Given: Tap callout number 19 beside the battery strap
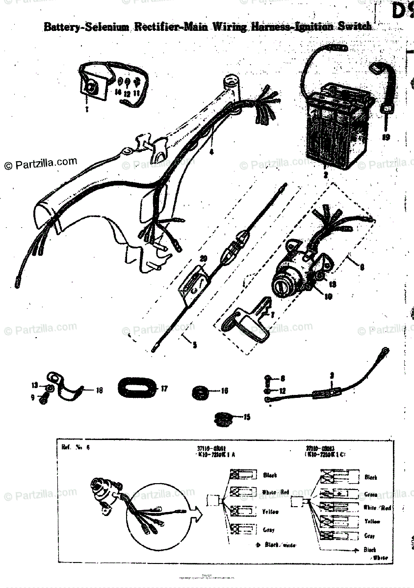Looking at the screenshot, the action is point(387,138).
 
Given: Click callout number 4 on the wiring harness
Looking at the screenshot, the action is point(212,152).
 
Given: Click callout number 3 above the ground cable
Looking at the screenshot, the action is point(332,375).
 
